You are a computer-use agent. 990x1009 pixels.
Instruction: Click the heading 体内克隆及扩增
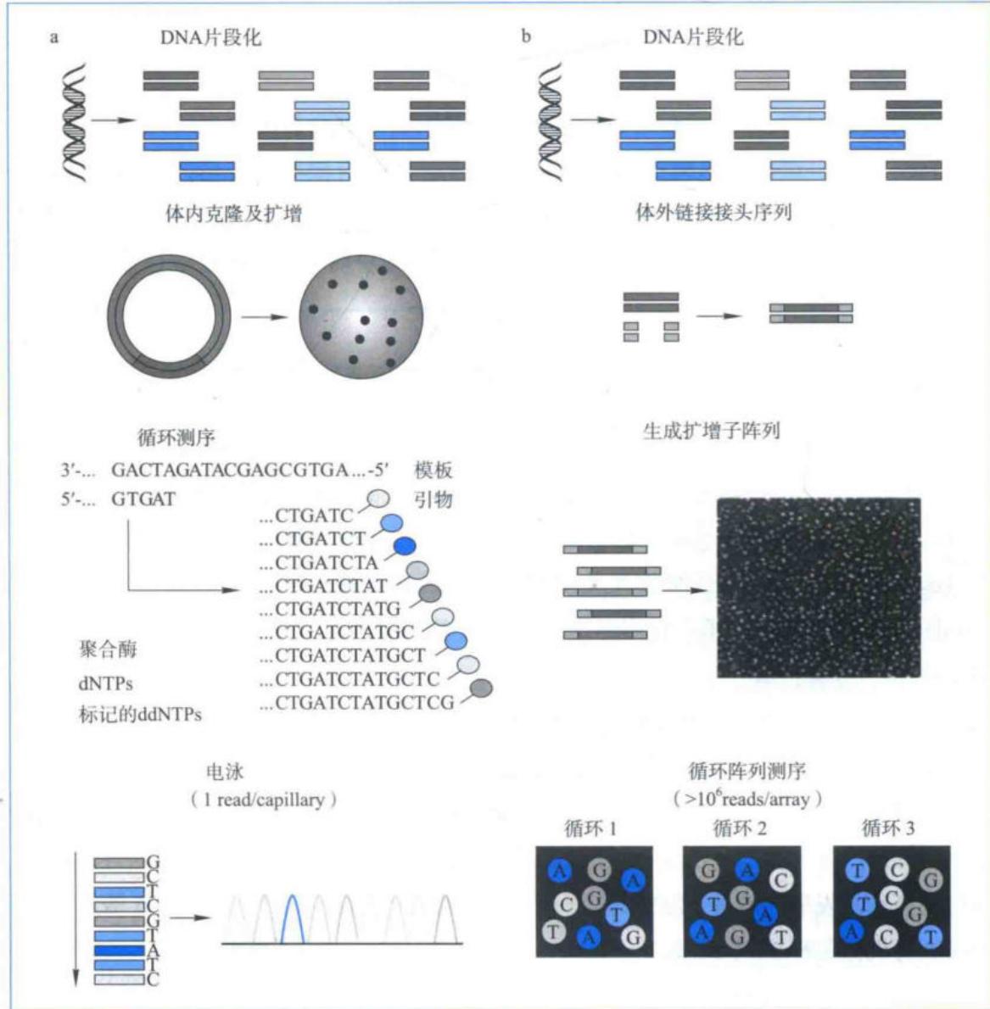click(x=233, y=213)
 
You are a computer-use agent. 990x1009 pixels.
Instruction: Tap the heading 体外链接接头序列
click(x=713, y=212)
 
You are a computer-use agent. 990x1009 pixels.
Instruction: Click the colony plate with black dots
click(x=361, y=316)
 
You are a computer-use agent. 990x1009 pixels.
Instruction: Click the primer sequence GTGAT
click(x=143, y=499)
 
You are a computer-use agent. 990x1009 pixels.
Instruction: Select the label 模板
click(x=433, y=470)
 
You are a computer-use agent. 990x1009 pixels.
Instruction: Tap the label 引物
click(x=433, y=499)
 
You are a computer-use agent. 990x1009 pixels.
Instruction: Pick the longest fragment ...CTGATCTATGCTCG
click(x=357, y=703)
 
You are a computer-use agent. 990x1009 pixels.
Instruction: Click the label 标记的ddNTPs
click(x=140, y=714)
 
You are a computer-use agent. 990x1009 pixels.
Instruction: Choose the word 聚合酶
click(x=108, y=649)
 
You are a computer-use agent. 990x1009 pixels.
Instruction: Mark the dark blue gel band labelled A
click(x=119, y=950)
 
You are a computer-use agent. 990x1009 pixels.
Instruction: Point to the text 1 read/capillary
click(x=264, y=800)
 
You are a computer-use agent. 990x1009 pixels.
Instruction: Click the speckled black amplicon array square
click(x=819, y=588)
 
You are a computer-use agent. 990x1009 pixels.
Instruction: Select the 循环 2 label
click(x=740, y=828)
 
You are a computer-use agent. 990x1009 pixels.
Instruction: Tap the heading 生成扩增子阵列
click(x=712, y=431)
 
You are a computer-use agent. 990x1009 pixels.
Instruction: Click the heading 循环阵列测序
click(x=747, y=770)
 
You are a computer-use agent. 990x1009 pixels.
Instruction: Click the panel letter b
click(x=526, y=36)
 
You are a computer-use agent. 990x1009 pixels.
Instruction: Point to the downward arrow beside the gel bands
click(x=76, y=919)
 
